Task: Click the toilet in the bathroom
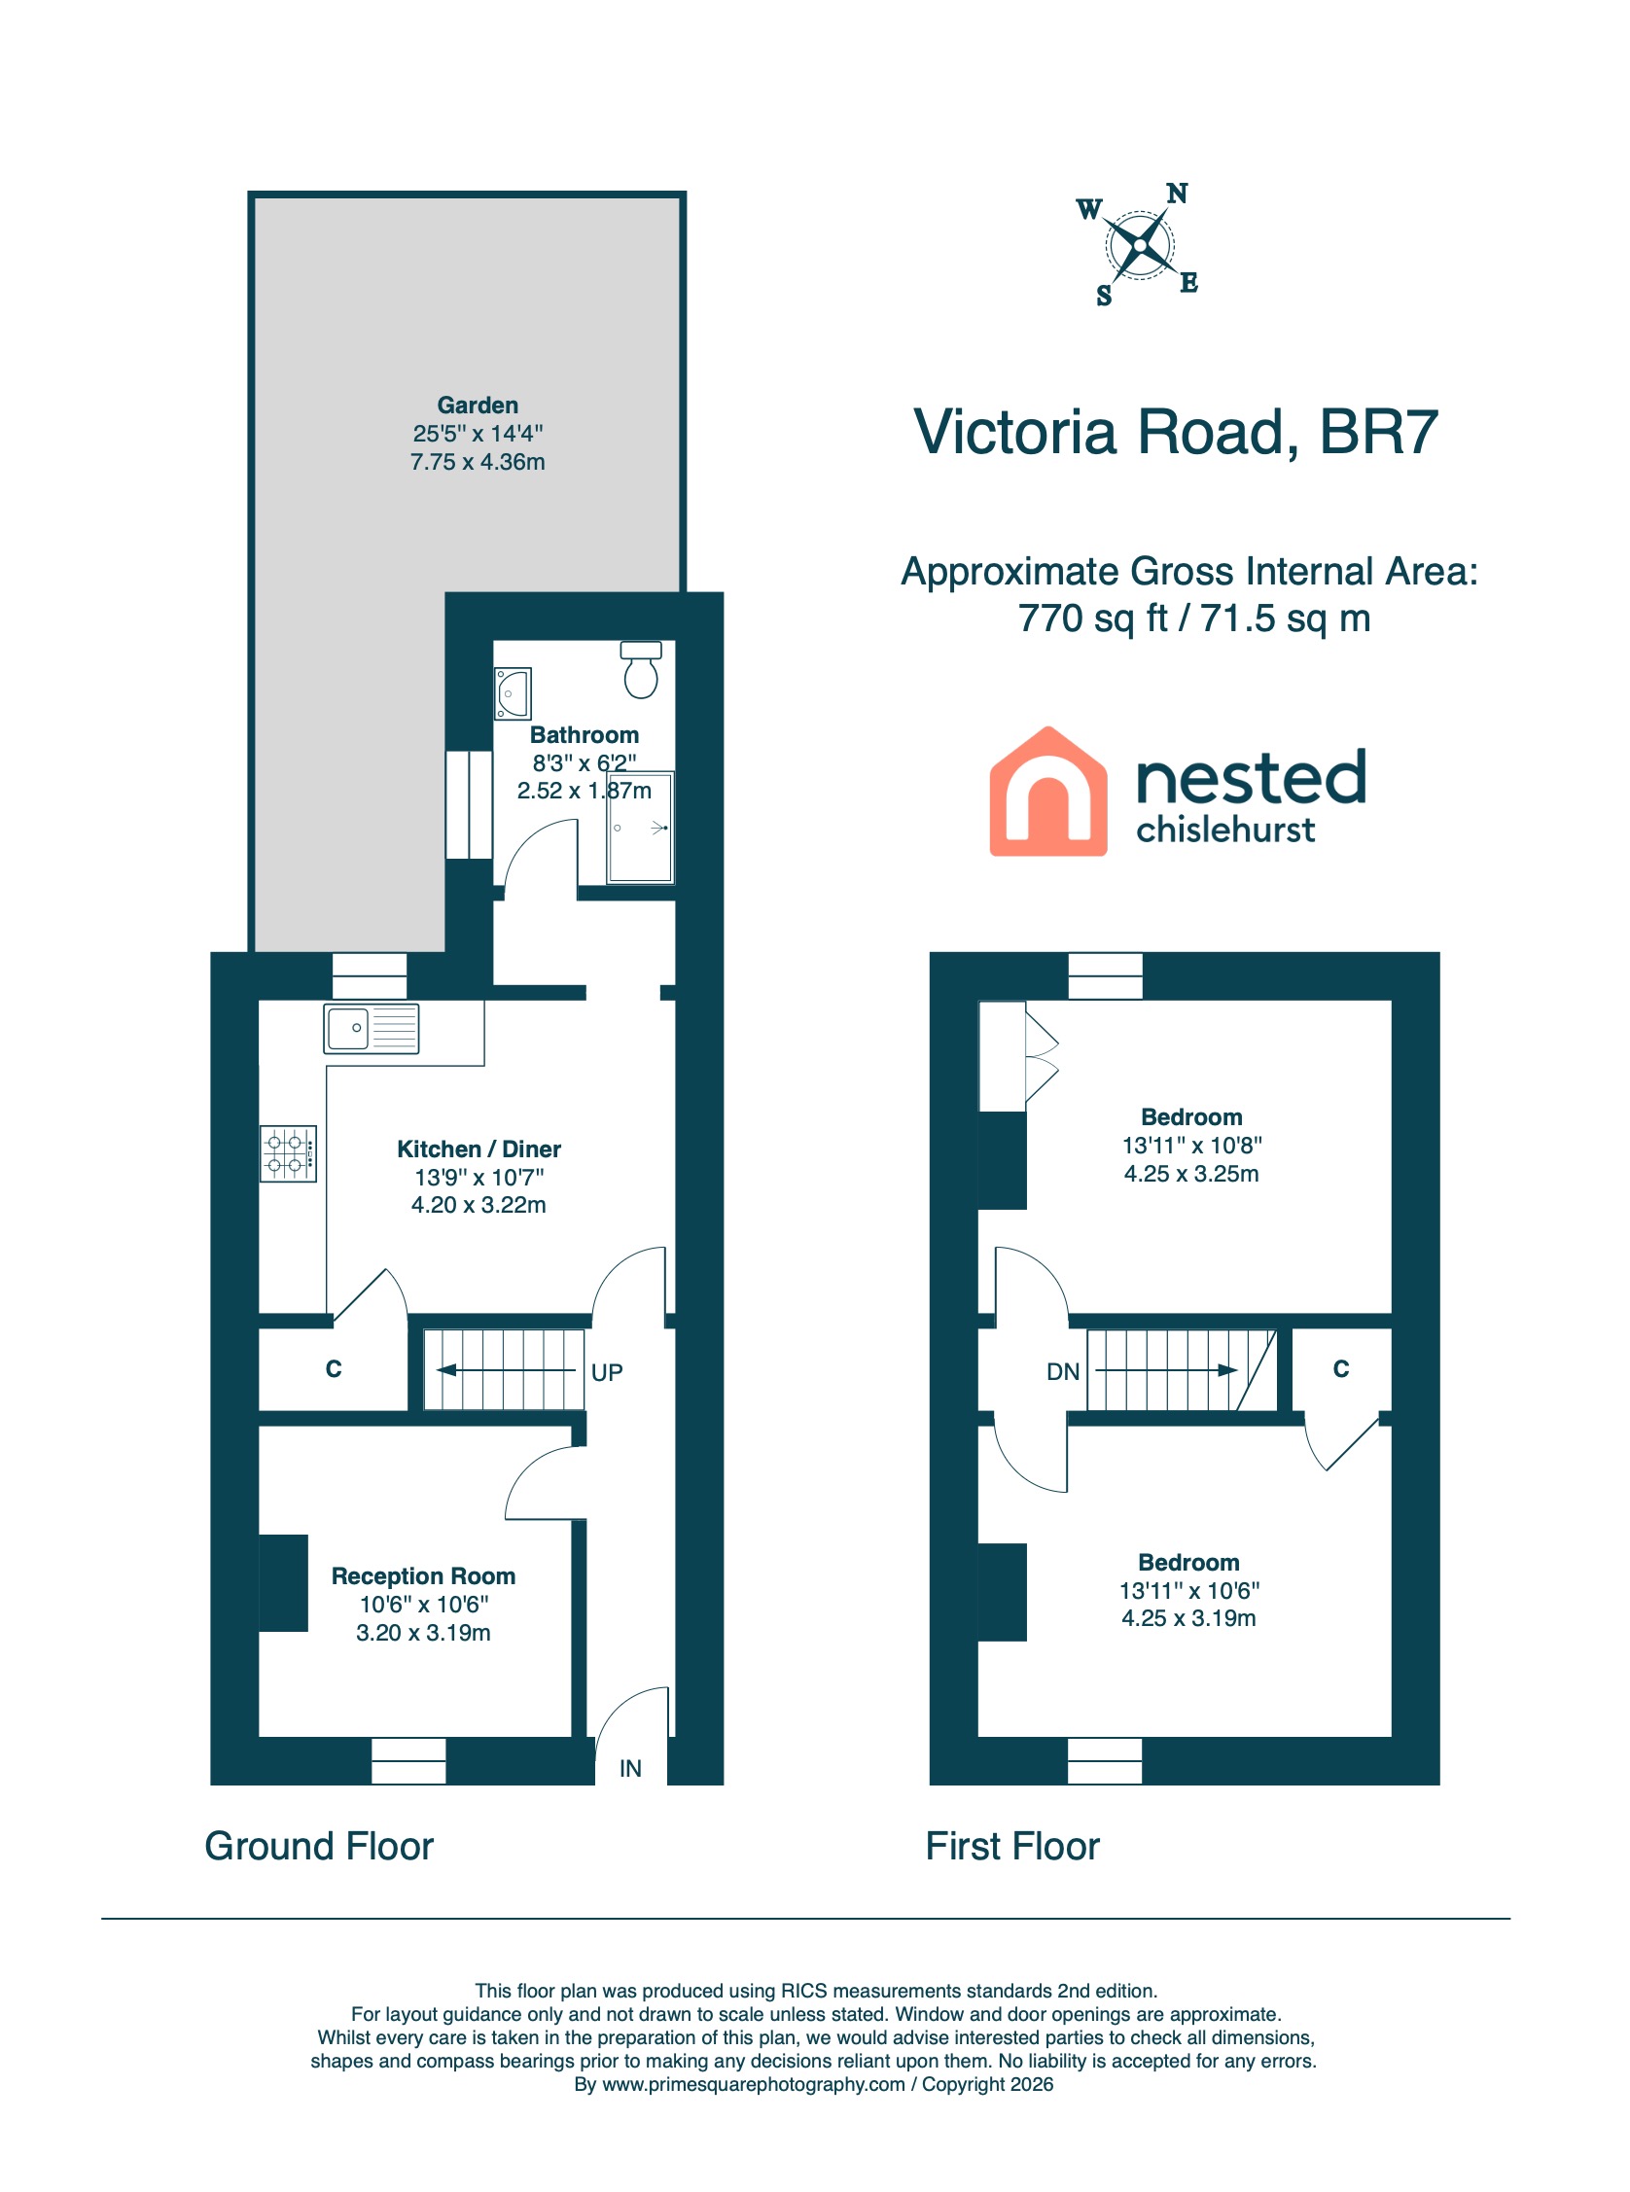click(x=640, y=670)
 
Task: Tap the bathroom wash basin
click(x=514, y=692)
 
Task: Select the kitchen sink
click(x=371, y=1028)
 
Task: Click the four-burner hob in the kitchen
click(x=288, y=1153)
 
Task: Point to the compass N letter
click(x=1176, y=194)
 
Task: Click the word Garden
click(x=478, y=406)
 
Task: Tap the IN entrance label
click(x=630, y=1769)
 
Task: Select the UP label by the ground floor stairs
click(x=607, y=1372)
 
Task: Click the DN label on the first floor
click(x=1063, y=1371)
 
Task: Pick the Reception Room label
click(x=423, y=1575)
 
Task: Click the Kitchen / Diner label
click(x=478, y=1149)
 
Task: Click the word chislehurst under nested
click(x=1225, y=830)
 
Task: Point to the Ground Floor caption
click(x=319, y=1846)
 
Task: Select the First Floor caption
click(x=1012, y=1846)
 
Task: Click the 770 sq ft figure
click(x=1092, y=619)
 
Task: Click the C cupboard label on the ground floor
click(x=334, y=1368)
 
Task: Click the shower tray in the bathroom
click(x=641, y=827)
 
